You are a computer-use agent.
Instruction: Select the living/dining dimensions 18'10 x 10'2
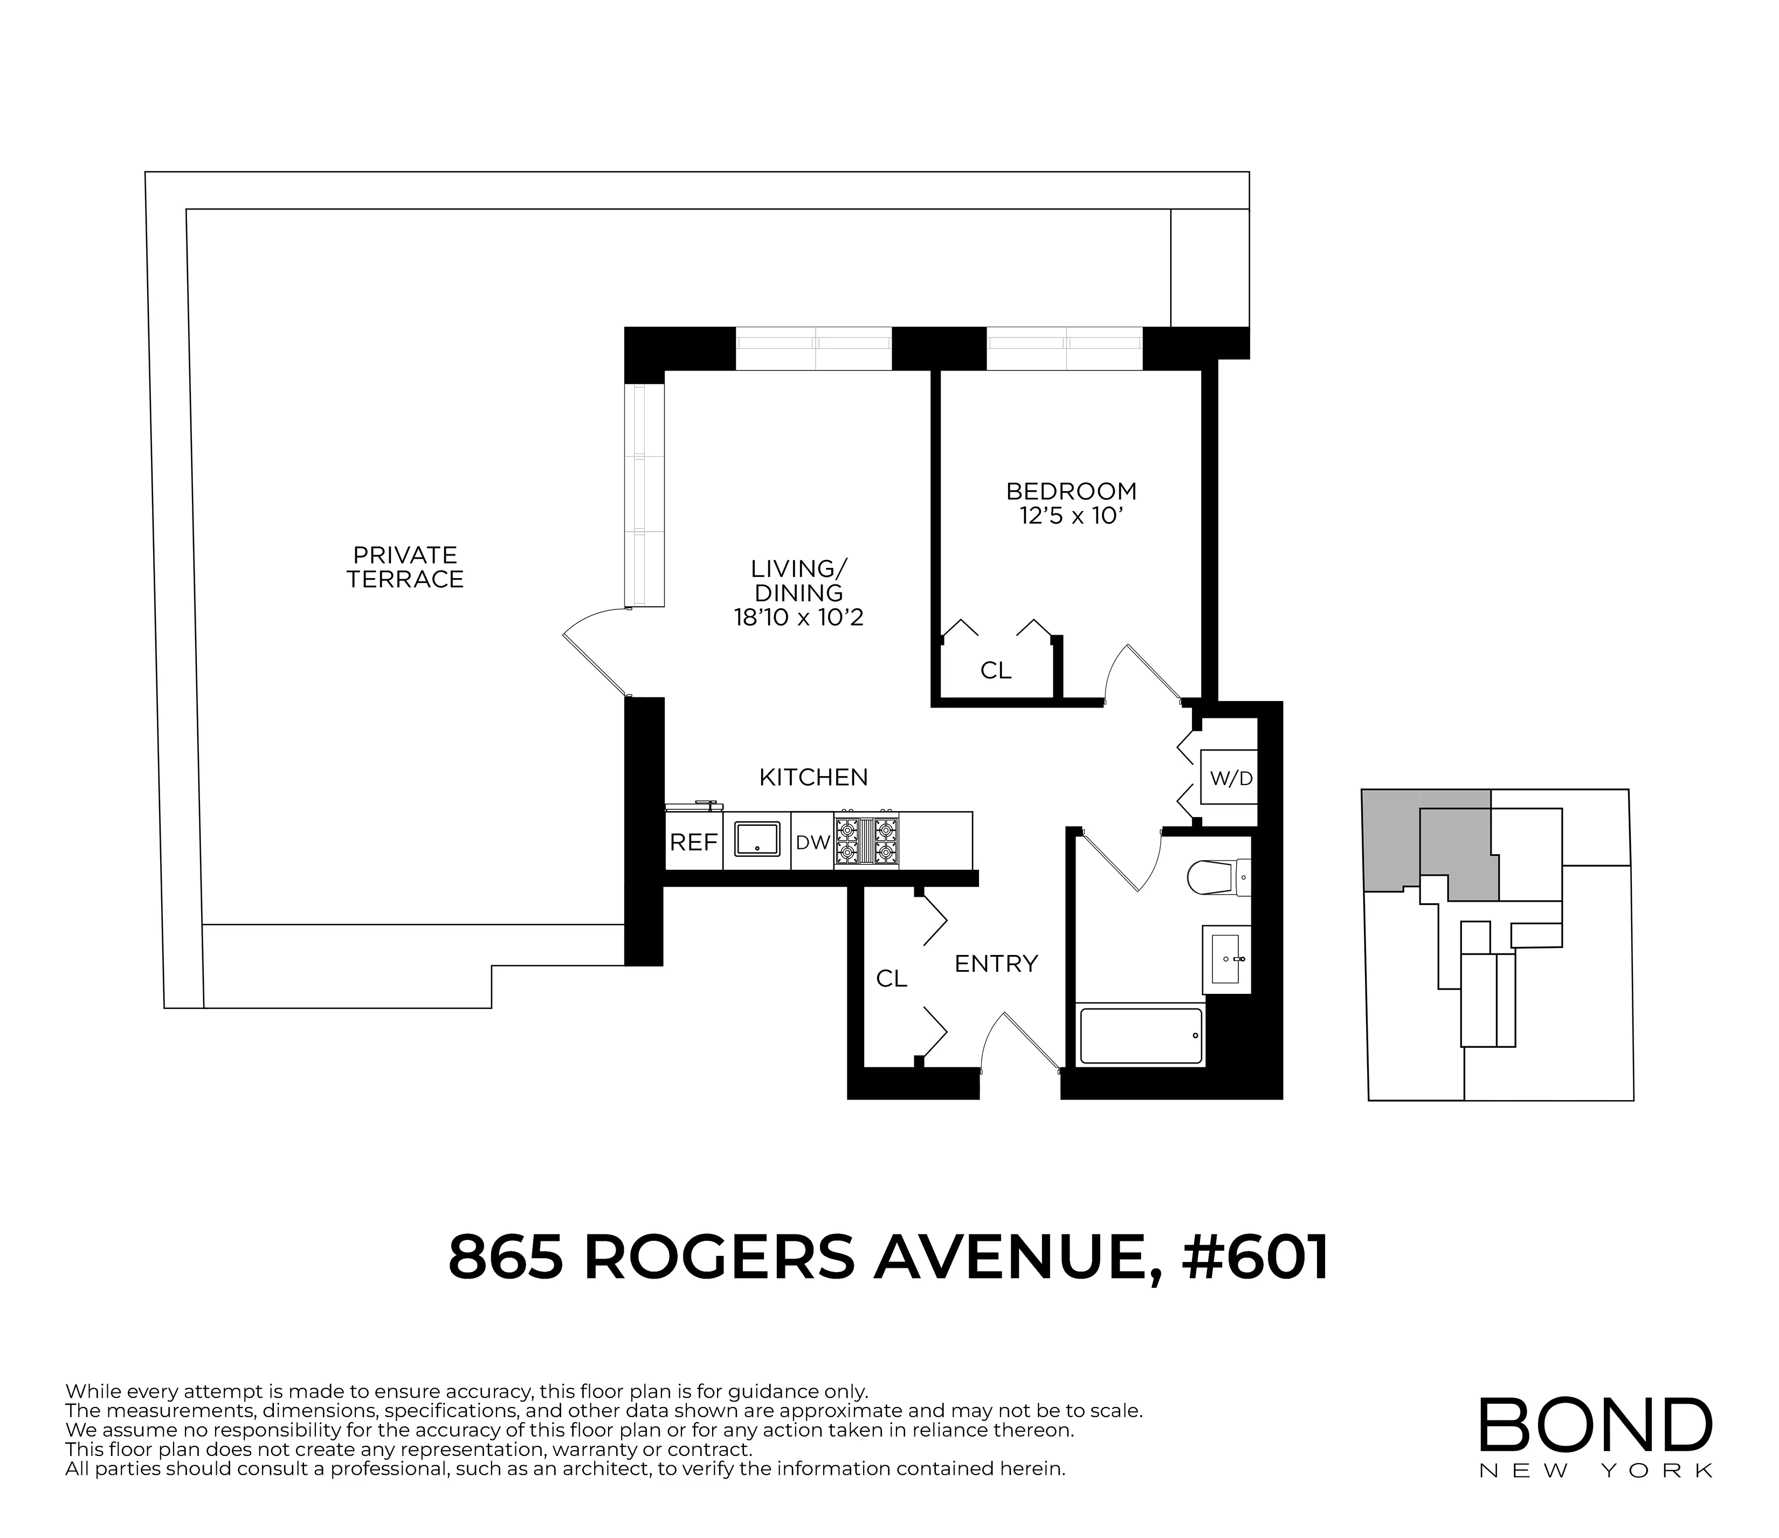(x=798, y=617)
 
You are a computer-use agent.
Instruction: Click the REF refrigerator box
(x=693, y=842)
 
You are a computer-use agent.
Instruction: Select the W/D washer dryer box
(x=1230, y=778)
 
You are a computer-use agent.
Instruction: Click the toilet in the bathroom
(x=1217, y=877)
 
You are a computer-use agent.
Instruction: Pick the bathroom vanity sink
(x=1228, y=958)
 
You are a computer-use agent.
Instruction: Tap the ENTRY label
(x=996, y=964)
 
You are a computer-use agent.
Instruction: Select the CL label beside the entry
(x=891, y=978)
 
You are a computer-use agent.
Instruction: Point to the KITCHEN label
(x=813, y=777)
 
